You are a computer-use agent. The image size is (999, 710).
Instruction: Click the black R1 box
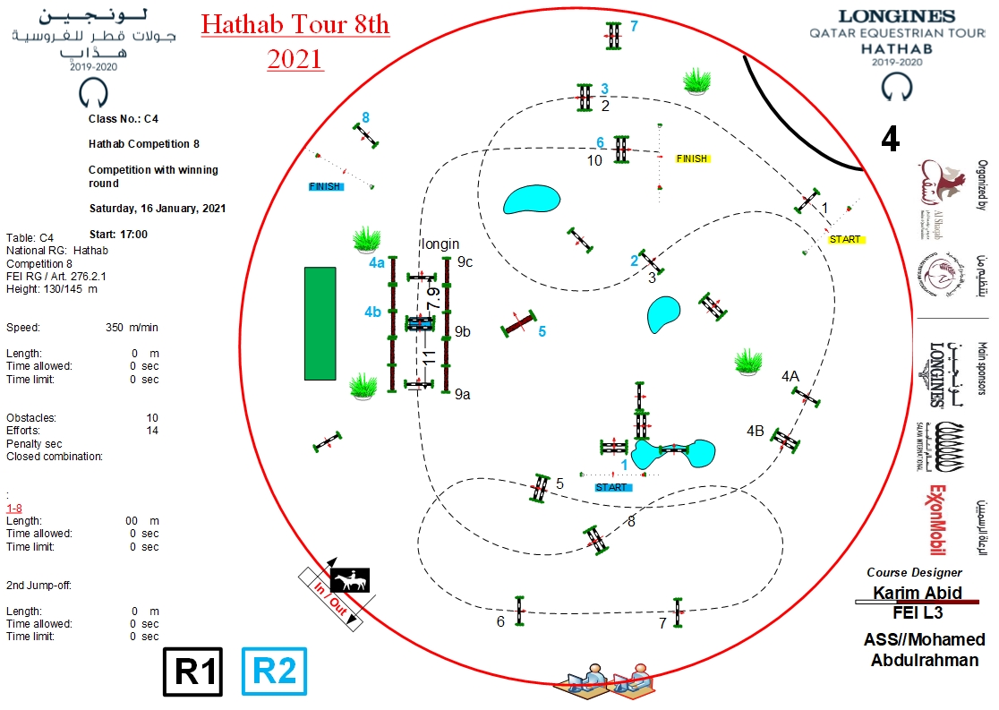coord(192,672)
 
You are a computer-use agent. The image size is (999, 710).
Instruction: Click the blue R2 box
coord(274,672)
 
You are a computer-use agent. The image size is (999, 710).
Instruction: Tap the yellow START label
coord(845,239)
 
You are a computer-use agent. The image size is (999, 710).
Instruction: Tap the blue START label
coord(613,487)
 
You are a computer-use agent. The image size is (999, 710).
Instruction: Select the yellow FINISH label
coord(691,158)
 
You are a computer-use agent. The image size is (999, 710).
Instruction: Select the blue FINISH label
coord(325,187)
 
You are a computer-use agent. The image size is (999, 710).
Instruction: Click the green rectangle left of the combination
coord(320,311)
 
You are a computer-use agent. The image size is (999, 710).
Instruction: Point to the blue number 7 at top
coord(634,26)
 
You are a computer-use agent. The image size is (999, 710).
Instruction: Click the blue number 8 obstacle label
coord(365,116)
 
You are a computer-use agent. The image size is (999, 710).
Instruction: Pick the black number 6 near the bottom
coord(500,621)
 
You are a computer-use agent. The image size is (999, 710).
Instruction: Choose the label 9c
coord(465,262)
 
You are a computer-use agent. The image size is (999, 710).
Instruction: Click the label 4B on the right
coord(756,431)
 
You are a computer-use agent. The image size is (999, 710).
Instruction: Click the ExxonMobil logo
coord(935,520)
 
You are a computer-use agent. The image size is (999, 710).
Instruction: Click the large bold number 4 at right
coord(890,139)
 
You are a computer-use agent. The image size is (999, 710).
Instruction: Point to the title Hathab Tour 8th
coord(295,24)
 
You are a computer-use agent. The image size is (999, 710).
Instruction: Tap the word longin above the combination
coord(440,244)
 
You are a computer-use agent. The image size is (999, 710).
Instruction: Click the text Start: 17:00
coord(118,235)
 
